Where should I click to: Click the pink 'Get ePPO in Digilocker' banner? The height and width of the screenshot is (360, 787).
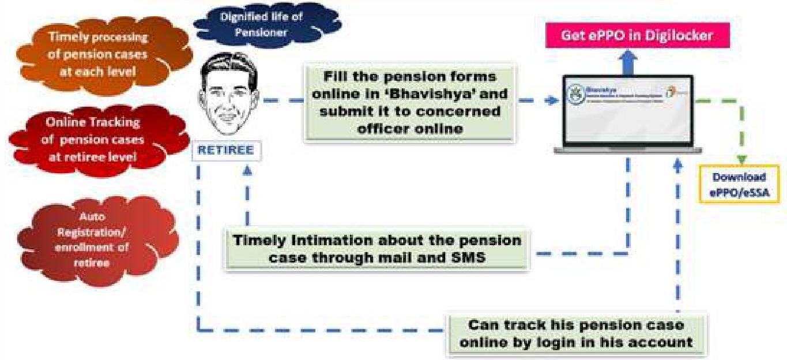tap(637, 36)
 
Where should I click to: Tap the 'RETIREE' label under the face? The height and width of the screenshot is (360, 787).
tap(225, 151)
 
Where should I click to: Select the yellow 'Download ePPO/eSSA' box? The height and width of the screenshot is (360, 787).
tap(739, 185)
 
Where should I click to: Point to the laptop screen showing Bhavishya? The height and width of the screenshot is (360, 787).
tap(627, 110)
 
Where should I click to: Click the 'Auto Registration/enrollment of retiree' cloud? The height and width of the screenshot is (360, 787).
tap(97, 239)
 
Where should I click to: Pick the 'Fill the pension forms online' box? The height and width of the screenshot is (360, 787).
tap(409, 103)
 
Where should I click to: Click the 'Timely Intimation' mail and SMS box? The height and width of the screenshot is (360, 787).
tap(377, 248)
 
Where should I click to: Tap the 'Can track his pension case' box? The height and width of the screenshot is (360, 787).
tap(577, 333)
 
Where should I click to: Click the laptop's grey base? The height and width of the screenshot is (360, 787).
tap(627, 150)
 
